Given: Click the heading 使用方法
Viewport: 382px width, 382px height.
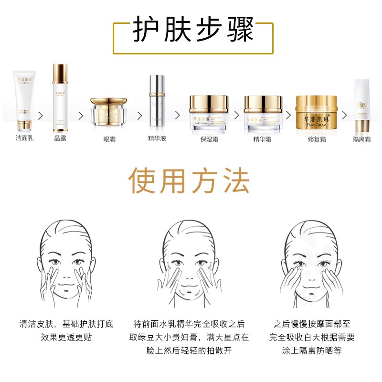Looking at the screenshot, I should coord(190,181).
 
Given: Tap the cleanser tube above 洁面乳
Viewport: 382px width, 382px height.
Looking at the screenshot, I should coord(24,101).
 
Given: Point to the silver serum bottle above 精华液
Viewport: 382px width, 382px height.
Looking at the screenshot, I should coord(157,100).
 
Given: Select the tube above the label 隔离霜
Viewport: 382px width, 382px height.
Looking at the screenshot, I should coord(361,106).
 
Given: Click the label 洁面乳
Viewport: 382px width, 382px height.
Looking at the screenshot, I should coord(24,139).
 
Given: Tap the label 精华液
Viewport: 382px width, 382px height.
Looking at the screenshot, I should coord(157,139).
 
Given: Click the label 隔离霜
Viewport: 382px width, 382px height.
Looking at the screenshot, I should coord(361,139).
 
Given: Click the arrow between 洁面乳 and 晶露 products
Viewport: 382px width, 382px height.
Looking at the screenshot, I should coord(42,117).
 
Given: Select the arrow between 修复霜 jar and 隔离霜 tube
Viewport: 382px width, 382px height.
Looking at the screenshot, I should coord(343,117).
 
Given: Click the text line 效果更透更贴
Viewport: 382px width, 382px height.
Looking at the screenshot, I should coord(66,337).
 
